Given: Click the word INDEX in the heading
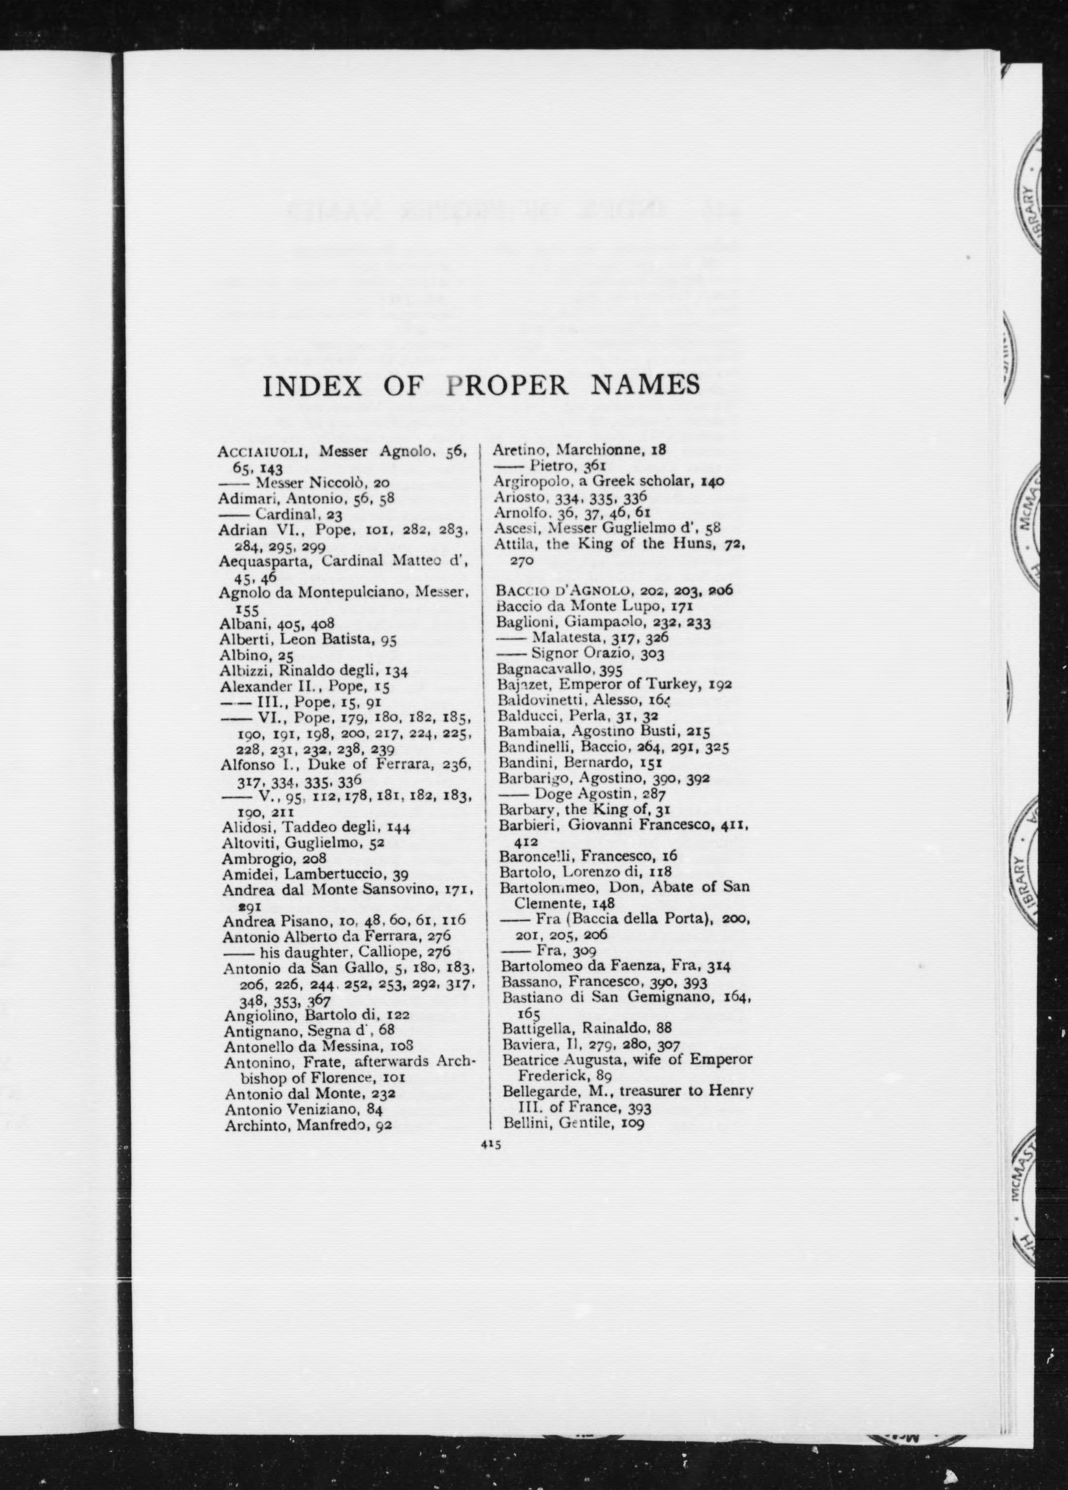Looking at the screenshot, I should pyautogui.click(x=312, y=386).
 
